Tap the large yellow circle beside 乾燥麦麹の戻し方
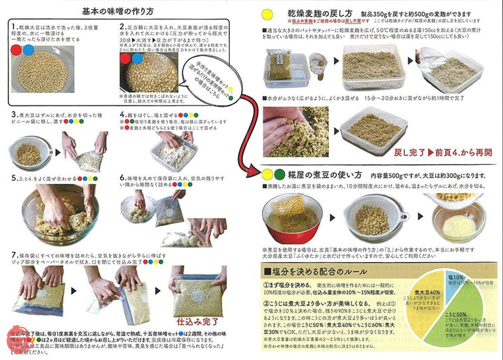266,14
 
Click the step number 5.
14,178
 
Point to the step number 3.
14,113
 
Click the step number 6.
122,178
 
